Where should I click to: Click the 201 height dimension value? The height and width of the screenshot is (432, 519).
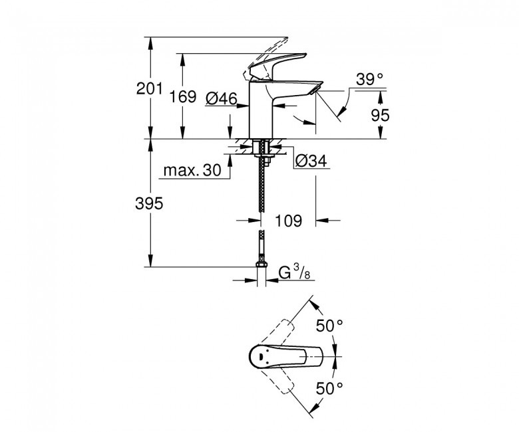(x=149, y=88)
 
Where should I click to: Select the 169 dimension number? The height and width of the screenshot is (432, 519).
(x=183, y=96)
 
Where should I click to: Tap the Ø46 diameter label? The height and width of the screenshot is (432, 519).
(x=222, y=98)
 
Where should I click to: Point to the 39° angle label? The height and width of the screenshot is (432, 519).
(x=369, y=79)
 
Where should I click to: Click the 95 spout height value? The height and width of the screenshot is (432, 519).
(x=381, y=116)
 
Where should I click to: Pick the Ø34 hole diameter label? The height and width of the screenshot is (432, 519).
(x=311, y=161)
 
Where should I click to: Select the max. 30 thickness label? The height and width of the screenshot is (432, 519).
(x=192, y=171)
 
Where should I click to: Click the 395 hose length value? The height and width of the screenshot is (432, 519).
(x=149, y=203)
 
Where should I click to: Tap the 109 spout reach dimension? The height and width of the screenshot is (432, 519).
(x=289, y=221)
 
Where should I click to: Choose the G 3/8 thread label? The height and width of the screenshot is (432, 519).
(x=294, y=273)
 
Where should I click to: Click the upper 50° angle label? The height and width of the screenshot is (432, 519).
(x=329, y=326)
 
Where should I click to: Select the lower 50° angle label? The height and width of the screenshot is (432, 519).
(x=329, y=388)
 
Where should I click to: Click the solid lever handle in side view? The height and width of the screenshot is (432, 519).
(x=277, y=66)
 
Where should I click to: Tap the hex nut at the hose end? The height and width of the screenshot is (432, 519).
(x=261, y=264)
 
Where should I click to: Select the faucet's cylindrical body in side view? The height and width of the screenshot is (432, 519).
(x=260, y=110)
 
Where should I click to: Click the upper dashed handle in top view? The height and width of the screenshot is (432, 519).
(x=280, y=332)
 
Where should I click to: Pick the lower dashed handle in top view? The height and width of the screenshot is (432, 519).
(x=280, y=381)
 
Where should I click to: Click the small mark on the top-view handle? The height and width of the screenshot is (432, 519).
(x=260, y=357)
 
